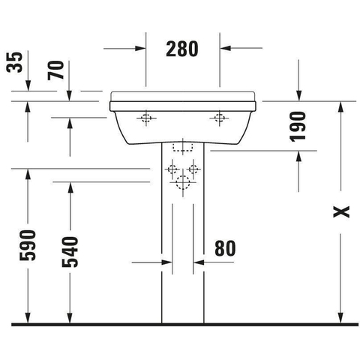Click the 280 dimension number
(182, 49)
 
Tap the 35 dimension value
(14, 62)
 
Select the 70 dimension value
(55, 70)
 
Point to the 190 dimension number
(298, 127)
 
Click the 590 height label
(28, 245)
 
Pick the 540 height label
(70, 252)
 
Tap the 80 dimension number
(225, 248)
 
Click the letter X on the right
(341, 212)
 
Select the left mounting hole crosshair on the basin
(146, 118)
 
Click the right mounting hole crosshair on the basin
(219, 118)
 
